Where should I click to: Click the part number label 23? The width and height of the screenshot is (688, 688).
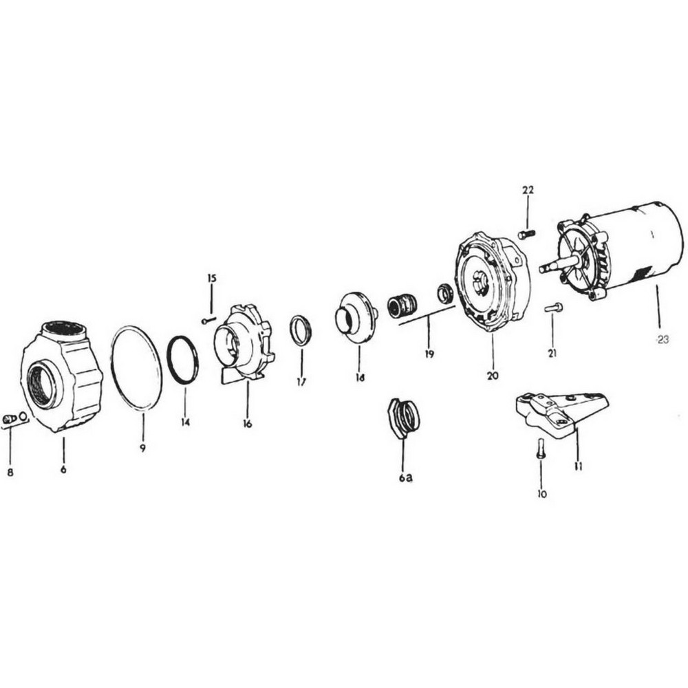tap(663, 338)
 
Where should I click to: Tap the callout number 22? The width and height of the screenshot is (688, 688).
tap(528, 190)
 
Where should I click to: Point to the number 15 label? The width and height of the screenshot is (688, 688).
tap(211, 278)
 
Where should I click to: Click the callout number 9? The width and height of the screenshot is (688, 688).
tap(143, 447)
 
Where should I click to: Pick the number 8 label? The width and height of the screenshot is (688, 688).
tap(10, 472)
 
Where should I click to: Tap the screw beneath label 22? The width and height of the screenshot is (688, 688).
tap(527, 235)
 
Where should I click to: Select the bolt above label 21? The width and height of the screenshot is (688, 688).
tap(553, 308)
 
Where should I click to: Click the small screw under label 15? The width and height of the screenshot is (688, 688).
tap(208, 320)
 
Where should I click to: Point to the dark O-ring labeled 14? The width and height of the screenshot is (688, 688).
tap(183, 360)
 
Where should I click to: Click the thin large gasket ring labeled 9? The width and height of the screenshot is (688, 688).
tap(137, 368)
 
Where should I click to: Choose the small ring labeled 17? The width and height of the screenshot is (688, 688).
tap(301, 330)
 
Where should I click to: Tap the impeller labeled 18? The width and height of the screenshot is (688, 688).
tap(356, 317)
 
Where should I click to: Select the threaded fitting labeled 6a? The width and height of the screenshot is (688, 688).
tap(404, 417)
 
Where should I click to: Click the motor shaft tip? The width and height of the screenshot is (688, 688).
tap(544, 269)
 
